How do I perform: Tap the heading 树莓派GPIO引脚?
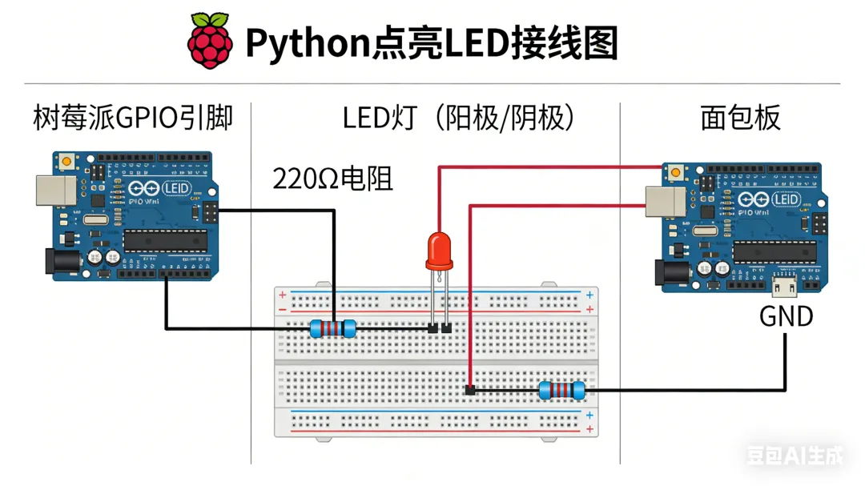[132, 118]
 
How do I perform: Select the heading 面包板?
[740, 118]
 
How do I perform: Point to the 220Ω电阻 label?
[332, 179]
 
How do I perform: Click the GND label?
[786, 316]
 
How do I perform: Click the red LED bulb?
[437, 250]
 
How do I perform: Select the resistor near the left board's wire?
[332, 328]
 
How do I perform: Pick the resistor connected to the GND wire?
[561, 391]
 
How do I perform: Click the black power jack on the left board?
[56, 263]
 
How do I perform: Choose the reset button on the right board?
[675, 172]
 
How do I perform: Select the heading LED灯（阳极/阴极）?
[459, 118]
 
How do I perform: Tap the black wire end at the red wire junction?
[470, 390]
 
